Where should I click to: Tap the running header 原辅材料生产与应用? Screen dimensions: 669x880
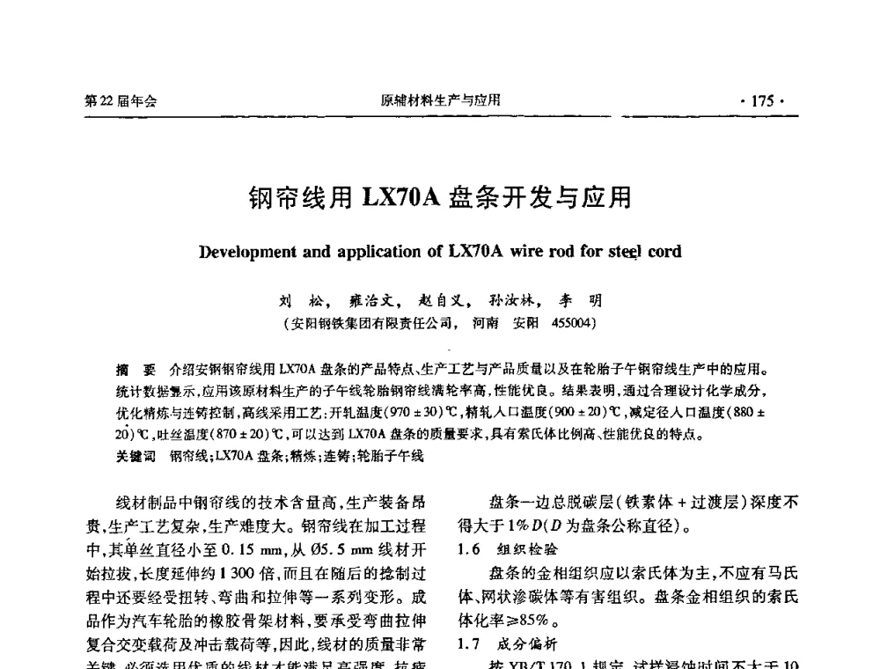(x=439, y=100)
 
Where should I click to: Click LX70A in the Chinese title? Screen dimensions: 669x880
(x=402, y=197)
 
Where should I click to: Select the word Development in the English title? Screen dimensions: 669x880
(x=248, y=252)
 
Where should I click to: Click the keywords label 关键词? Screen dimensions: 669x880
(x=134, y=454)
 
